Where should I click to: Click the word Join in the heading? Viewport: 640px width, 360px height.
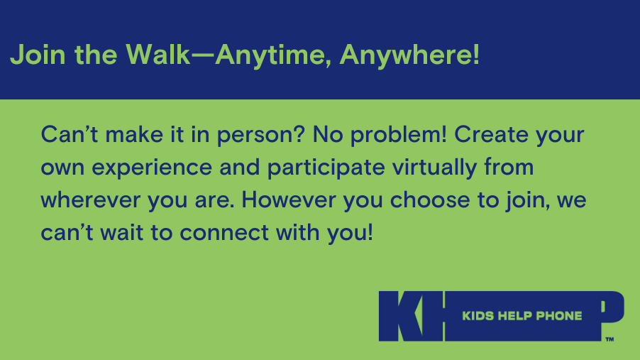tap(38, 55)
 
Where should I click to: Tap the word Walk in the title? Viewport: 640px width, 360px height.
tap(158, 54)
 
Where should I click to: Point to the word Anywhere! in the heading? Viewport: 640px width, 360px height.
tap(409, 55)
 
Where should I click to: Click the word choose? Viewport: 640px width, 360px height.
tap(430, 200)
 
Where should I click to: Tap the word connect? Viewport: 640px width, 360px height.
tap(224, 233)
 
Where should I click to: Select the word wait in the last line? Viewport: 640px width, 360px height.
tap(121, 232)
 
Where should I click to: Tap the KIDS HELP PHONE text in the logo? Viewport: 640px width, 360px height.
tap(522, 316)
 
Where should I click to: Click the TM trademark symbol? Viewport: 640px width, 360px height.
tap(609, 339)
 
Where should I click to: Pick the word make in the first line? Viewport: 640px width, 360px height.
tap(134, 134)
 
